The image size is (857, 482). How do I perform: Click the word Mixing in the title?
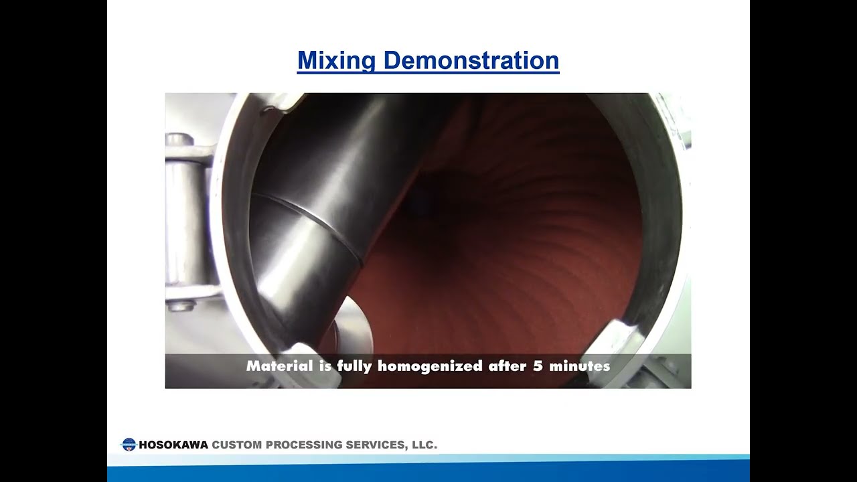point(336,61)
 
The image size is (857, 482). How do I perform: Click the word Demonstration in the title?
point(471,61)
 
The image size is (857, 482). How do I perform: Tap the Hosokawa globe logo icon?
point(129,445)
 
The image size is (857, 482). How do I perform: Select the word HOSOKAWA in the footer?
point(173,445)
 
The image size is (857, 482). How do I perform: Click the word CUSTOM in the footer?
point(237,445)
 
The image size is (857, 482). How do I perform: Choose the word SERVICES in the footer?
point(375,445)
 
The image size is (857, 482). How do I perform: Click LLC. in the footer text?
point(423,445)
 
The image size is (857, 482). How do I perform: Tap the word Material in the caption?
point(279,366)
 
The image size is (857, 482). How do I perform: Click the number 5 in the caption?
point(538,366)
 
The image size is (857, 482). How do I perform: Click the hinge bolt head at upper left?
point(179,140)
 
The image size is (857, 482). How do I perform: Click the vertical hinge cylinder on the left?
point(179,221)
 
